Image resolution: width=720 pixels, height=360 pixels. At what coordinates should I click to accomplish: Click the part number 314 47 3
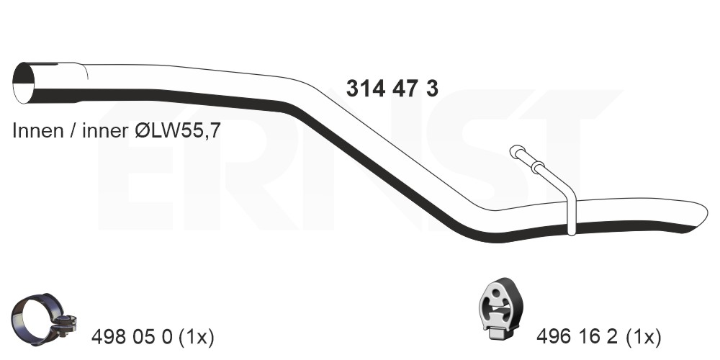tap(392, 88)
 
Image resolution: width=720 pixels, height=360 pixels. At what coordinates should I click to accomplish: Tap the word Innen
tap(37, 130)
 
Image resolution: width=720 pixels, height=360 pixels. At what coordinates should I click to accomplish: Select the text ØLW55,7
tap(178, 130)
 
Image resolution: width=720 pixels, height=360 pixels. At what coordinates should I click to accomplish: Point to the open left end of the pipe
tap(24, 83)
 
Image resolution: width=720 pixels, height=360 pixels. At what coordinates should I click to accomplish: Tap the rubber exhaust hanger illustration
tap(499, 310)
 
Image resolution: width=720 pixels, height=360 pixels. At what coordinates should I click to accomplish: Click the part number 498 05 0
tap(132, 338)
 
